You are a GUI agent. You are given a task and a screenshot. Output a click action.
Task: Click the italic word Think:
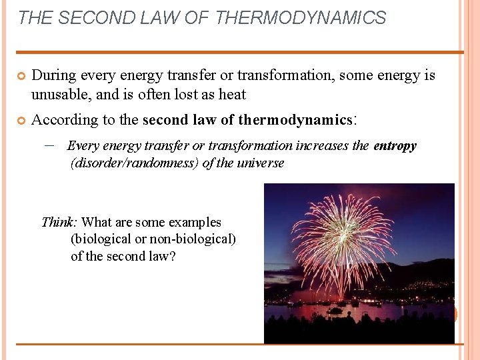[59, 223]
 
